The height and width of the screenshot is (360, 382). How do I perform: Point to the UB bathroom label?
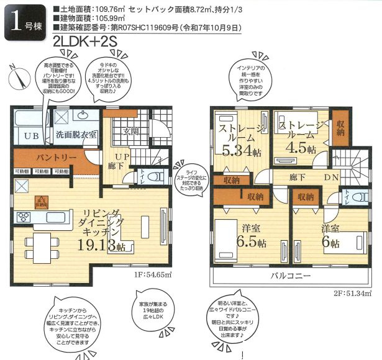pos(31,135)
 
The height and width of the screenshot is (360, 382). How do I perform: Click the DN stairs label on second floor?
pos(332,178)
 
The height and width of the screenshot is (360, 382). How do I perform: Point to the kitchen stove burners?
pos(25,217)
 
